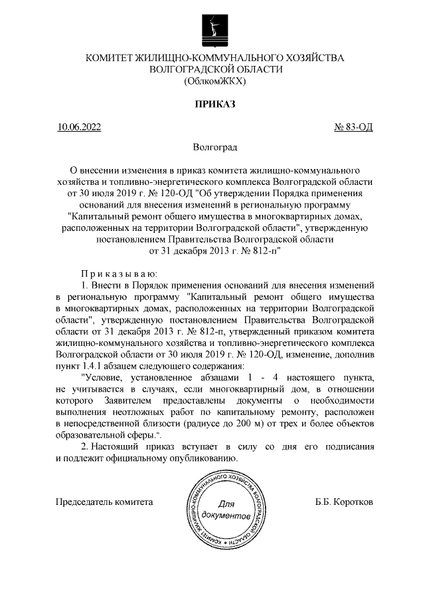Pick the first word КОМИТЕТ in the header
point(110,58)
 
